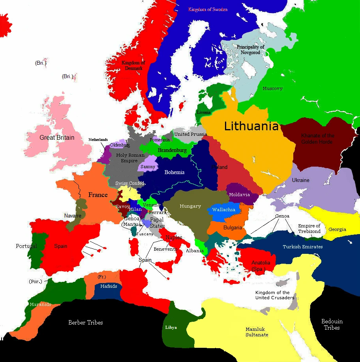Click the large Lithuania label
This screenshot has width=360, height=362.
click(251, 126)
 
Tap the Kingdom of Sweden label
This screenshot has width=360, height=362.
click(208, 9)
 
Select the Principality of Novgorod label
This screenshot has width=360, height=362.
click(250, 50)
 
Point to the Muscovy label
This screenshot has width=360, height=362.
click(272, 88)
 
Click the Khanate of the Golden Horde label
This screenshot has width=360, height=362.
click(317, 139)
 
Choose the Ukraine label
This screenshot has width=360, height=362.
click(300, 180)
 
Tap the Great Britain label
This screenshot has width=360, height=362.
click(57, 138)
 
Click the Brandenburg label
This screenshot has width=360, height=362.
click(172, 150)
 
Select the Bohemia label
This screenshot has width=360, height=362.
click(174, 172)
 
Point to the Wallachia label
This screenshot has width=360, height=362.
click(224, 210)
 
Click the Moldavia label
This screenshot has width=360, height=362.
click(239, 195)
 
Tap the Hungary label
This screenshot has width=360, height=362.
click(190, 206)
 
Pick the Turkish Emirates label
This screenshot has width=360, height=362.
click(302, 247)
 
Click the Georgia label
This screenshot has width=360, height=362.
click(337, 229)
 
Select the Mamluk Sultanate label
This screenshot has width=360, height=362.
click(257, 332)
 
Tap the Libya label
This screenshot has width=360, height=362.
click(171, 328)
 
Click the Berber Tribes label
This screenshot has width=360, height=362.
click(86, 323)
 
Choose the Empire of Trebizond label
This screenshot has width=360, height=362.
click(309, 229)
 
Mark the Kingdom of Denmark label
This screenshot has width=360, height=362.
click(133, 65)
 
